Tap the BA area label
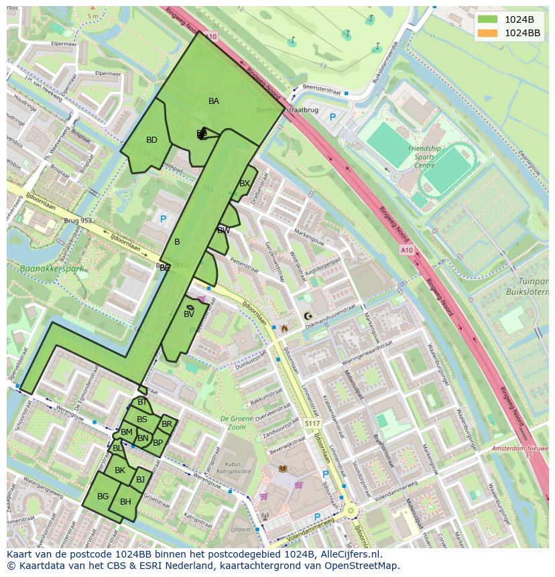click(214, 101)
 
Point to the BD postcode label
click(151, 140)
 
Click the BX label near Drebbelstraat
click(245, 184)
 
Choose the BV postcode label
click(189, 314)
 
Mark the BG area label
click(103, 497)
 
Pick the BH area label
click(125, 502)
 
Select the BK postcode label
click(120, 470)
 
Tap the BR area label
click(167, 424)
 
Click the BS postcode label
click(142, 420)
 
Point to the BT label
click(142, 402)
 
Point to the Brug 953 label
click(77, 220)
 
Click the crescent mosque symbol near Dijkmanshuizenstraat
click(308, 316)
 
